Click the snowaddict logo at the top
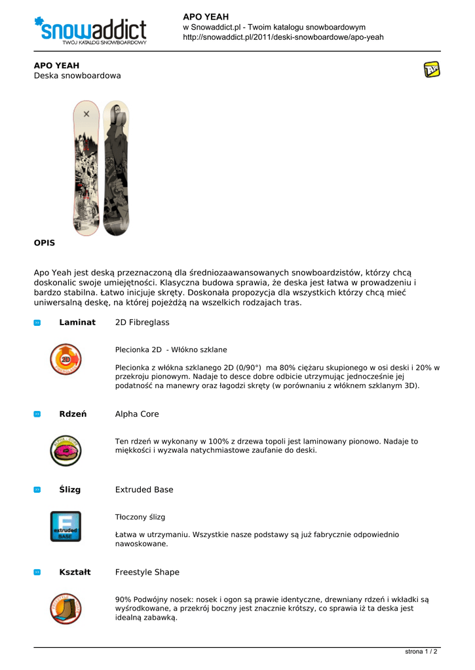click(x=90, y=30)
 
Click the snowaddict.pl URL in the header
click(x=283, y=37)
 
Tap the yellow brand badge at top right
click(x=432, y=69)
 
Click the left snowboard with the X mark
click(x=86, y=167)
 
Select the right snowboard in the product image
click(x=116, y=167)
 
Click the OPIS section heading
click(x=45, y=243)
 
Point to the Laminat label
click(x=77, y=323)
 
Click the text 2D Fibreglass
click(x=142, y=323)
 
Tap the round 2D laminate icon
click(x=66, y=359)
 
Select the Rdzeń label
click(x=73, y=414)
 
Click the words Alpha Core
click(x=137, y=414)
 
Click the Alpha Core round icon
click(x=66, y=450)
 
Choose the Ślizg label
click(x=70, y=489)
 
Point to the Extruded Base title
click(x=144, y=489)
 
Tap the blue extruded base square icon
click(x=66, y=526)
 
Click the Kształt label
click(x=75, y=572)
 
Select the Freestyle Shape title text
click(x=147, y=572)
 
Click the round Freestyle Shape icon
click(x=66, y=608)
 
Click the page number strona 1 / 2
click(x=421, y=652)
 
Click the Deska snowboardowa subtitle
click(x=77, y=76)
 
